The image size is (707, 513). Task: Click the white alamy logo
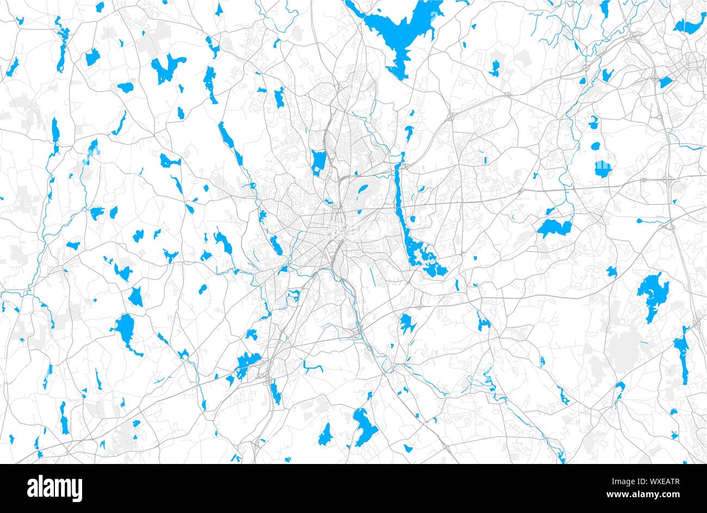(54, 488)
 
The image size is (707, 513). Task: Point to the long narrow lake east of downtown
(401, 201)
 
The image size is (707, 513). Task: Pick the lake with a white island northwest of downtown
(318, 162)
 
